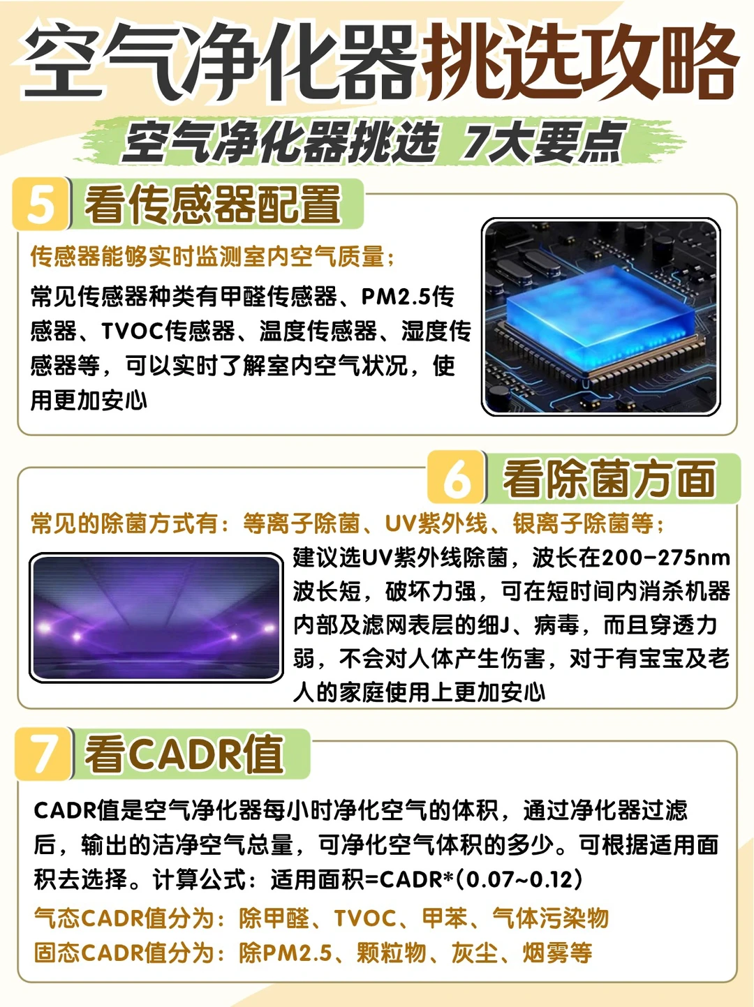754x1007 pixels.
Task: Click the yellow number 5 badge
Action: point(41,204)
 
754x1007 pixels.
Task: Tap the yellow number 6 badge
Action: point(456,477)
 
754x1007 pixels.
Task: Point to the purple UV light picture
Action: point(156,618)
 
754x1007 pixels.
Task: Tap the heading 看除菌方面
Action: point(609,479)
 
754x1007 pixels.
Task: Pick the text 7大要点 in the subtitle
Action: point(544,142)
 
